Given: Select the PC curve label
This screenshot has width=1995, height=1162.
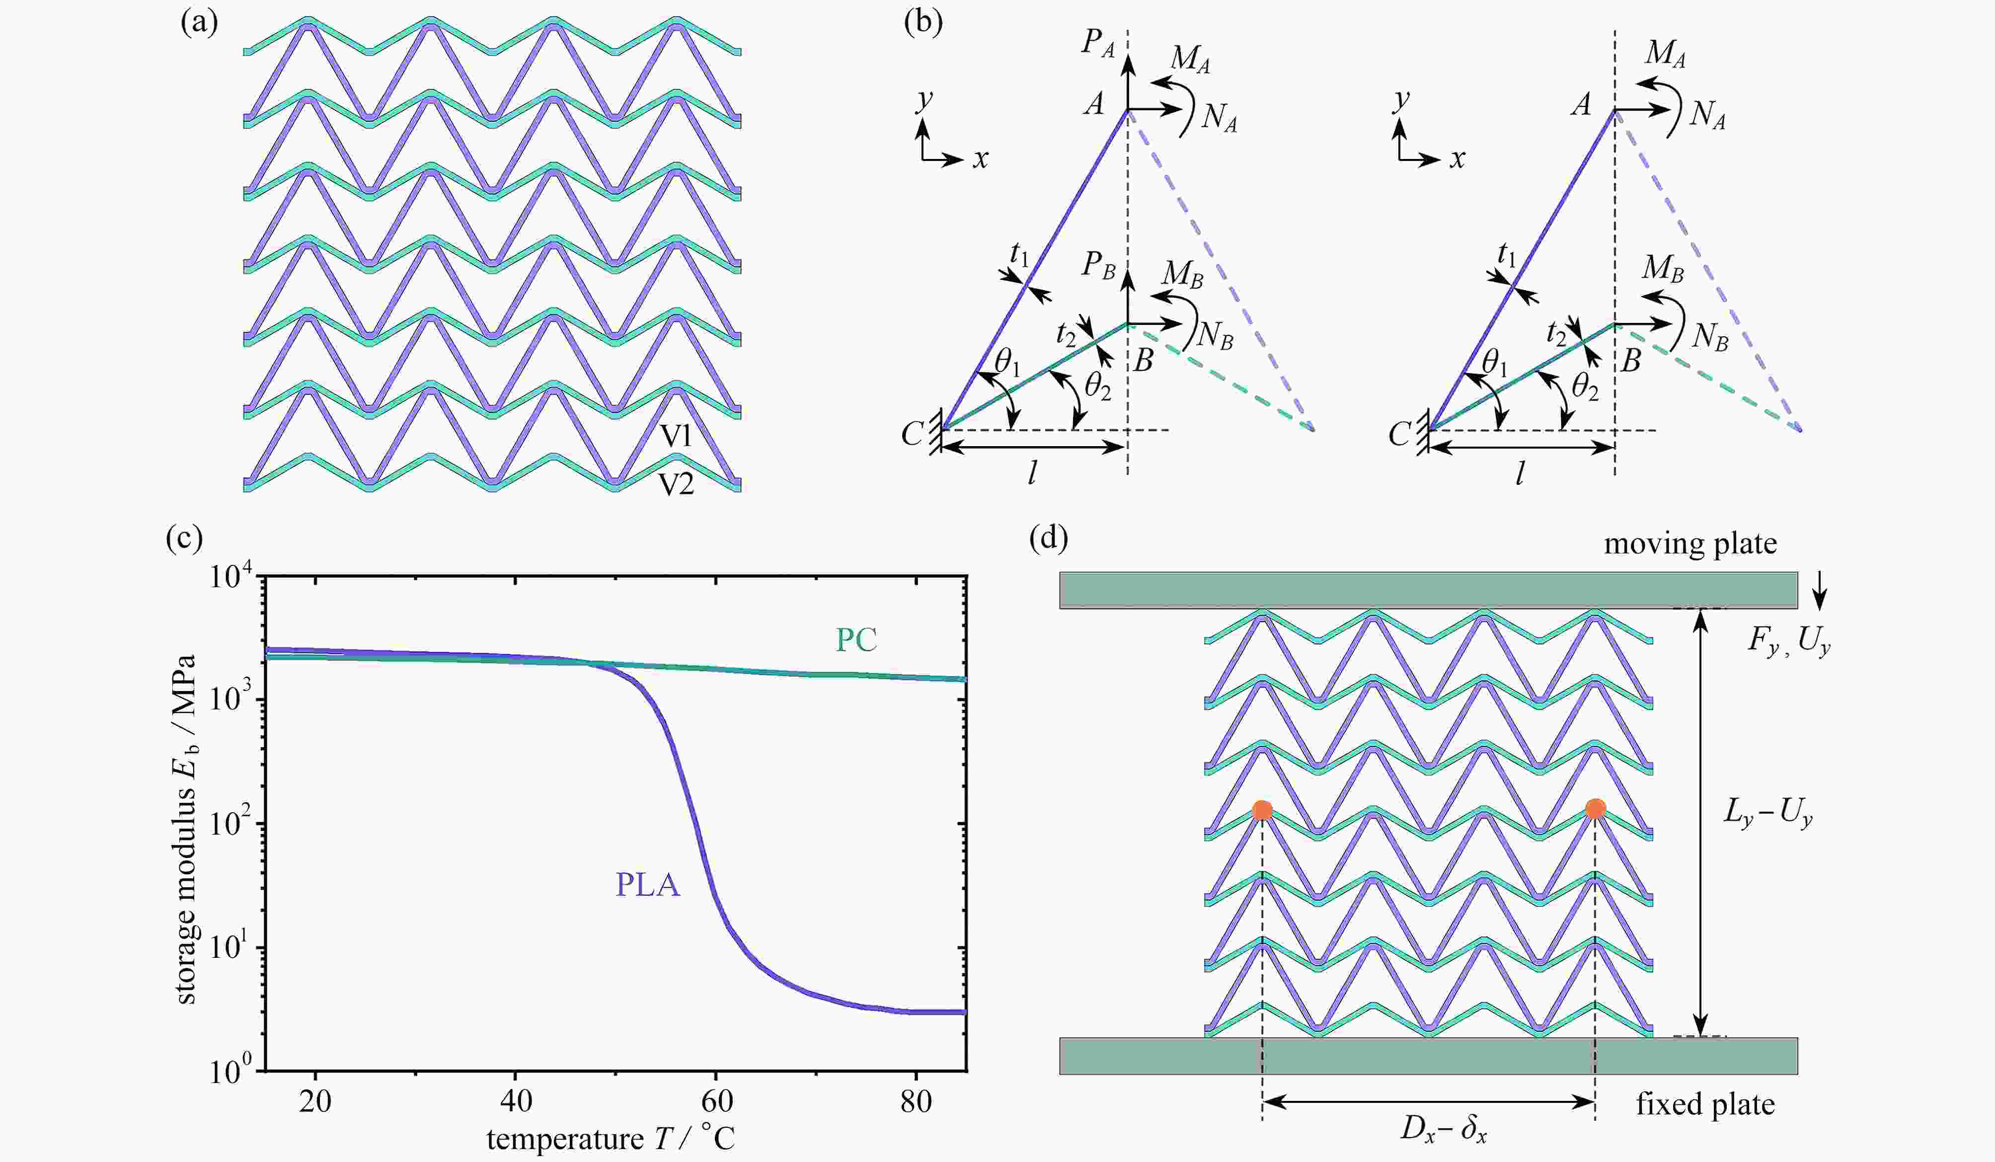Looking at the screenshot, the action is pyautogui.click(x=856, y=639).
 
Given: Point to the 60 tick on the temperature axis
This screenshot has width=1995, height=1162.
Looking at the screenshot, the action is pyautogui.click(x=716, y=1101).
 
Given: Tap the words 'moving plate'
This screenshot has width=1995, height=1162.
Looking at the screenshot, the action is pyautogui.click(x=1690, y=544).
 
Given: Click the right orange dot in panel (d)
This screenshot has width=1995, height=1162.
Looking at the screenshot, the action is pyautogui.click(x=1595, y=808).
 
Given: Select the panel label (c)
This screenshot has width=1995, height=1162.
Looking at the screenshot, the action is pyautogui.click(x=184, y=538).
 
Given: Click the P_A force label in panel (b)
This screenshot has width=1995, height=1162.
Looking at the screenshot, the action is pyautogui.click(x=1097, y=41).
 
